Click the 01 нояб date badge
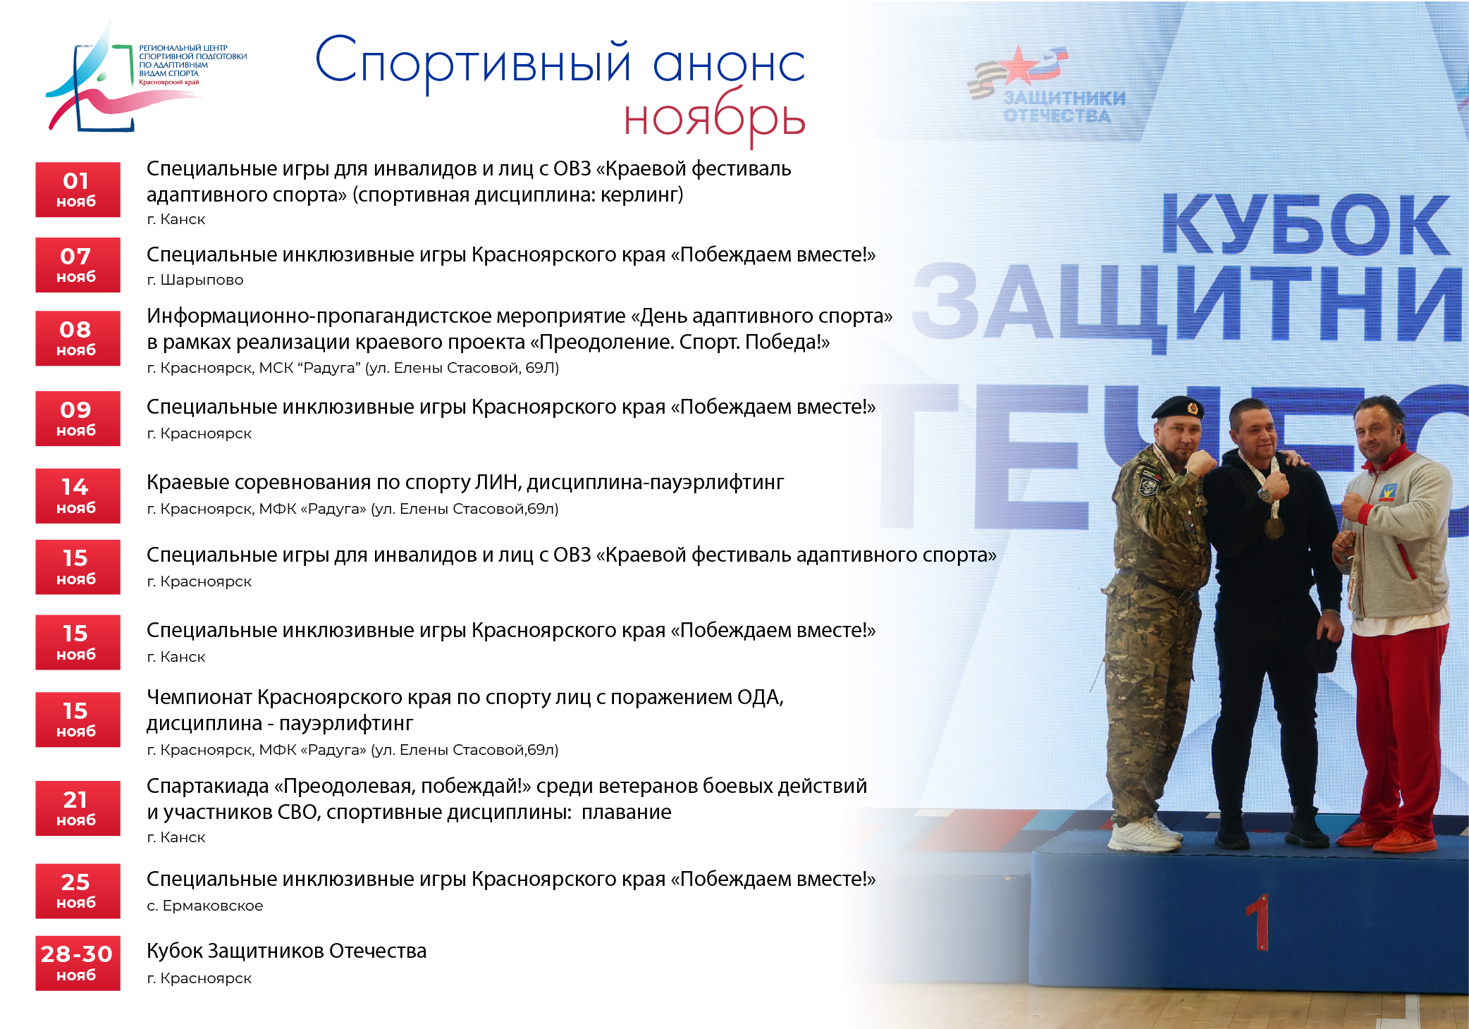[x=78, y=190]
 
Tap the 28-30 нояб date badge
[x=78, y=963]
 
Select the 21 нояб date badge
[x=78, y=808]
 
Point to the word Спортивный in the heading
[x=472, y=62]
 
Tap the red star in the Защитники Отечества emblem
[x=1020, y=65]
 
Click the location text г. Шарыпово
[x=195, y=280]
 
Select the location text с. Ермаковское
[x=204, y=906]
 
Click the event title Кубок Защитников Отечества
[x=286, y=951]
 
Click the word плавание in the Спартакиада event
[x=626, y=812]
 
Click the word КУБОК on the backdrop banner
[x=1305, y=225]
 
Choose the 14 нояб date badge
[x=78, y=496]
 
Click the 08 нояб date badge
[x=78, y=338]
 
